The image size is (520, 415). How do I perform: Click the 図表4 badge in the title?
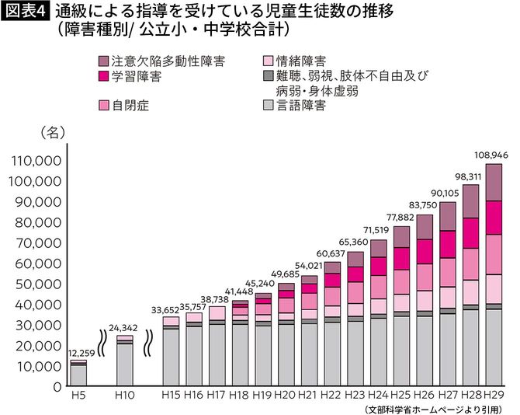pos(26,12)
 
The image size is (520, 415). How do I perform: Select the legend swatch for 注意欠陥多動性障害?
pos(105,60)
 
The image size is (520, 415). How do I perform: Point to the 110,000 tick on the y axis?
pos(36,162)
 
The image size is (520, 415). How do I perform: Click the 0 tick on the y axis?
pos(57,386)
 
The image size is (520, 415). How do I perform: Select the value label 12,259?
pos(78,354)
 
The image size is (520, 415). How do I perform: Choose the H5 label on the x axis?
pos(78,396)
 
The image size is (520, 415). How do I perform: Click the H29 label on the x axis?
pos(494,396)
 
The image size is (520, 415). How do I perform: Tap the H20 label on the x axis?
pos(286,396)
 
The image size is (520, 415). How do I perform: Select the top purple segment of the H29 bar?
pos(494,182)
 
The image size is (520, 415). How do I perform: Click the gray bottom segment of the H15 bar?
pos(171,357)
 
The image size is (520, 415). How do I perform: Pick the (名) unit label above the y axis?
pos(47,133)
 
